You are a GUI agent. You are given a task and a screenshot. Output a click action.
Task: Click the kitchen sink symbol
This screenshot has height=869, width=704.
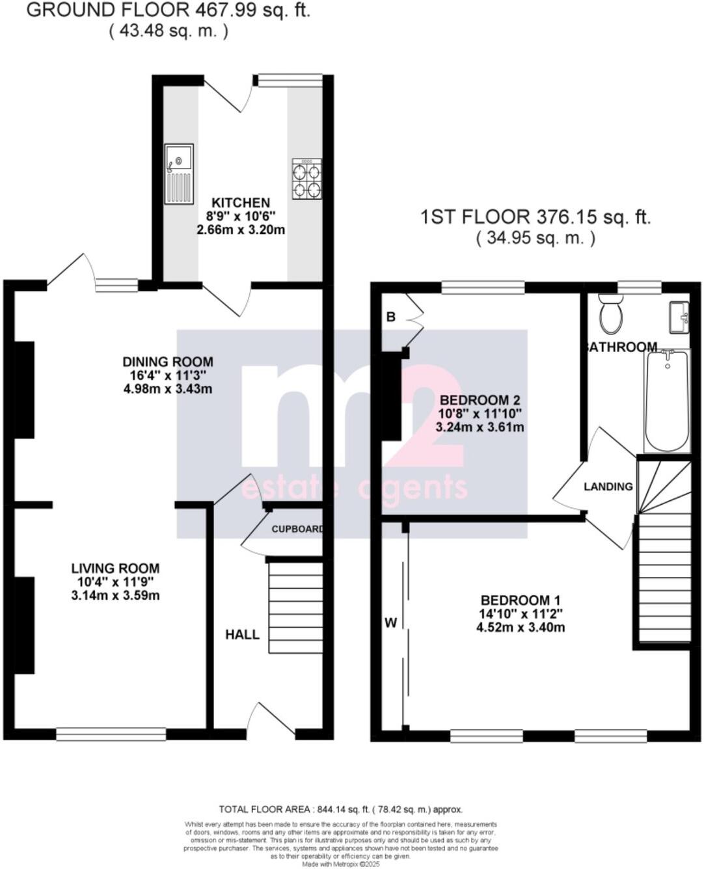[178, 173]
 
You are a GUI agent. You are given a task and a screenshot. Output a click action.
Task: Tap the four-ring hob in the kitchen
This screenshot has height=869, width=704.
[306, 179]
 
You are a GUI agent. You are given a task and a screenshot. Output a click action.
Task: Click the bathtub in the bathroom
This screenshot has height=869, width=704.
[667, 400]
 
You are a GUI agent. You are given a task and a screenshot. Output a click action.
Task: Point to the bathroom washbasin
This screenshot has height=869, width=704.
[679, 317]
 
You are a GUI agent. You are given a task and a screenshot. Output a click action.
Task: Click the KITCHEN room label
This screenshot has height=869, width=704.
[241, 203]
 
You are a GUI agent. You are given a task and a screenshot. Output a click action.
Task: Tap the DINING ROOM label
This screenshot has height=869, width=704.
[168, 362]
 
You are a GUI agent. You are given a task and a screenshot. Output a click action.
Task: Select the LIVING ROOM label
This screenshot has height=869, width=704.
[115, 568]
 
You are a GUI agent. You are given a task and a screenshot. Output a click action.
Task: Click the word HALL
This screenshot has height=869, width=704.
[242, 634]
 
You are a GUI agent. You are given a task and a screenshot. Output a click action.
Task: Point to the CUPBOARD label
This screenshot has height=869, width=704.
[297, 529]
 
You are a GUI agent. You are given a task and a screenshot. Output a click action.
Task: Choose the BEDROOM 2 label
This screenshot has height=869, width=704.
[480, 400]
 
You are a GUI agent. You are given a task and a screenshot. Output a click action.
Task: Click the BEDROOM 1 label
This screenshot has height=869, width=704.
[520, 600]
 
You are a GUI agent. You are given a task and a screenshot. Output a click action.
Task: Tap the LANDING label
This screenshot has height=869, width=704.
[608, 487]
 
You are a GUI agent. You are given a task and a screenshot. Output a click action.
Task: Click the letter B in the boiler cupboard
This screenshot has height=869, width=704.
[391, 317]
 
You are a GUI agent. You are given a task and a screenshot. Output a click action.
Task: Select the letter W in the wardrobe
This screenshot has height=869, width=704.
[390, 623]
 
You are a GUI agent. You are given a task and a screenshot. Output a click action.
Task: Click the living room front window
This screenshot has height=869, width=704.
[111, 734]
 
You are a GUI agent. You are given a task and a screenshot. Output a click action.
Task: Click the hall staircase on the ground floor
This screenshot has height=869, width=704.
[296, 608]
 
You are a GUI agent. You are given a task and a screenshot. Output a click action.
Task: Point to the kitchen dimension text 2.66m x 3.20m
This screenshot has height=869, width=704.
[241, 230]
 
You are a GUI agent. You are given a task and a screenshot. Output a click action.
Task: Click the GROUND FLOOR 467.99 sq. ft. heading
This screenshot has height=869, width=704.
[168, 10]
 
